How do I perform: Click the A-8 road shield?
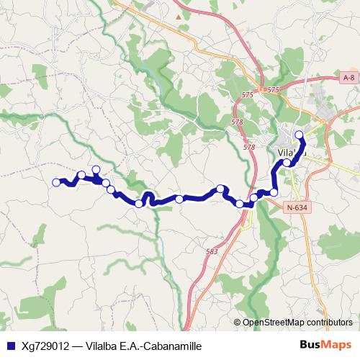(348, 77)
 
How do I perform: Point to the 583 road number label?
(212, 251)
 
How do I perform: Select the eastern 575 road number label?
(272, 89)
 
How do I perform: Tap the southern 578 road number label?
(249, 147)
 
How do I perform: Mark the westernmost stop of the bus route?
(56, 182)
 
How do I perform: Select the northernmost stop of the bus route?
(300, 135)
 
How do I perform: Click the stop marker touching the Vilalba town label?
(287, 163)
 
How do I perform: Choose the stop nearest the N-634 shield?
(274, 192)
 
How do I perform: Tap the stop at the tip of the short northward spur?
(96, 170)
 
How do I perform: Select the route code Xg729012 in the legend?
(44, 346)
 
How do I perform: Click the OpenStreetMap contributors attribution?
(297, 323)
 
